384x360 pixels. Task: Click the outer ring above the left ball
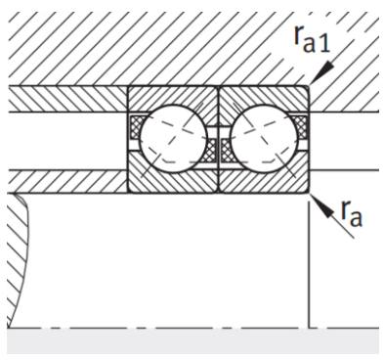(173, 98)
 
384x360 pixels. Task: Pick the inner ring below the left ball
(173, 181)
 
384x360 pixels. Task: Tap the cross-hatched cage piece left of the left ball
(136, 128)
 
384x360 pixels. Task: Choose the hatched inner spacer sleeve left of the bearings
(64, 181)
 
